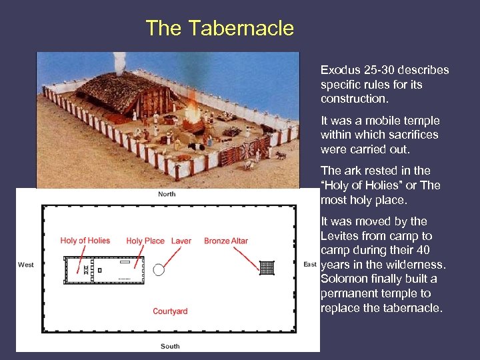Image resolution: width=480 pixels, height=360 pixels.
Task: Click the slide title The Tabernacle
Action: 219,28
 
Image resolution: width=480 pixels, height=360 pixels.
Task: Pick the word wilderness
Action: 413,265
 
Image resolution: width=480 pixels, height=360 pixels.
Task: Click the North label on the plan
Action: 167,195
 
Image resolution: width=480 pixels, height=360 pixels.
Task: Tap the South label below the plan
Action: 170,346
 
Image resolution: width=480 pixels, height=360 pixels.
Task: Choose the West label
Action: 26,265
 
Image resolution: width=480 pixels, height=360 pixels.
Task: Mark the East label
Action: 310,265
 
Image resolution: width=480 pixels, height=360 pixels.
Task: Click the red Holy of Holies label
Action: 85,241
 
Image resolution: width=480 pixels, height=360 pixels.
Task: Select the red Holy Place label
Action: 145,241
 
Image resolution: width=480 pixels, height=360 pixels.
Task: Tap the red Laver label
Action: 181,241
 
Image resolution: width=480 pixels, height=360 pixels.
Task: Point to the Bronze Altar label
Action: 226,241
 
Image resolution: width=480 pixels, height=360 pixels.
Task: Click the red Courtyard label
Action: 170,311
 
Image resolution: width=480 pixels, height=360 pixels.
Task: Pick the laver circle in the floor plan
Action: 159,270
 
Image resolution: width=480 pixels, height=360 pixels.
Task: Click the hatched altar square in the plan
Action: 267,268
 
